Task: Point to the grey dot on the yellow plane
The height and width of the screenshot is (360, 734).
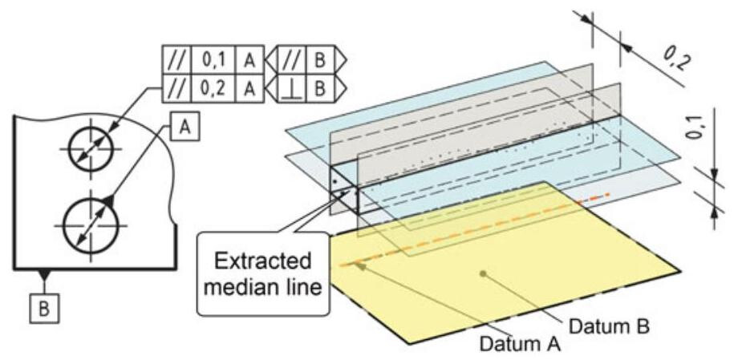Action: [483, 274]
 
